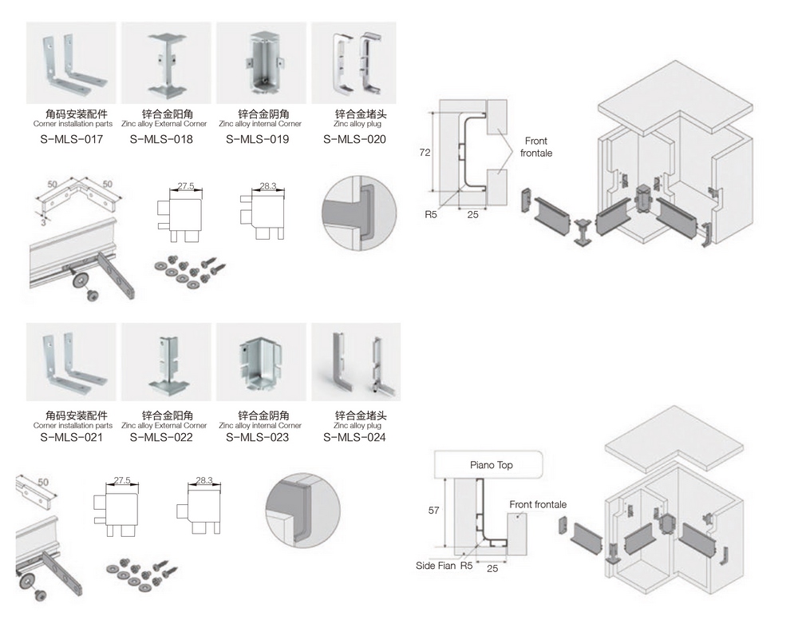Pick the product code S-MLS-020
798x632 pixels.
tap(355, 139)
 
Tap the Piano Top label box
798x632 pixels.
tap(488, 464)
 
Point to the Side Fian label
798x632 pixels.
tap(436, 565)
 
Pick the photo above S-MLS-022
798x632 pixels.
tap(167, 361)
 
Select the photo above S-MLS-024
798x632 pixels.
tap(356, 361)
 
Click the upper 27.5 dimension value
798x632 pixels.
tap(186, 185)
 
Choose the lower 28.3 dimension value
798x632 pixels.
tap(204, 480)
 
